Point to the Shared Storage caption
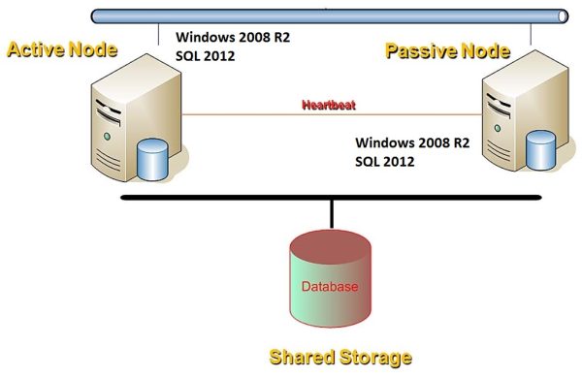(334, 356)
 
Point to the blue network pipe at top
(330, 16)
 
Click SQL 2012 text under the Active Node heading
(205, 56)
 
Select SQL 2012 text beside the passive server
(386, 161)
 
